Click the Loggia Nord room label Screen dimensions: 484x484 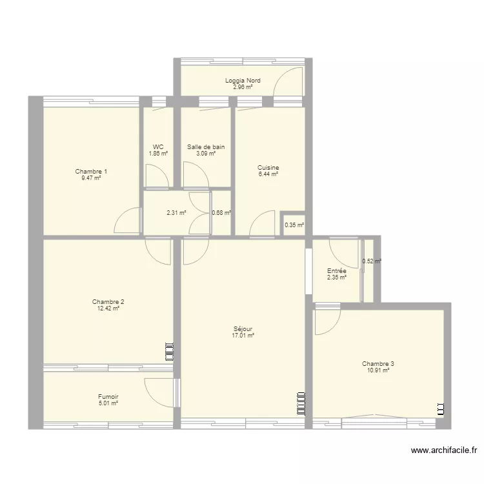point(243,81)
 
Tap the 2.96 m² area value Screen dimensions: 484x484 point(243,86)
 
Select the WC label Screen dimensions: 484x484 point(158,147)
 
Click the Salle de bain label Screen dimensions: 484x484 point(206,147)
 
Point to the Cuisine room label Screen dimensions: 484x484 point(268,168)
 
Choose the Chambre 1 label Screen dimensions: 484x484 point(91,172)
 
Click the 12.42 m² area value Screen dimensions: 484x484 point(108,308)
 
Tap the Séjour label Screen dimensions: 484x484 point(243,329)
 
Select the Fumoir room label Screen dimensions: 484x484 point(108,397)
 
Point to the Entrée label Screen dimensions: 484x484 point(336,271)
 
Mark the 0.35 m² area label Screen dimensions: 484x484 point(294,225)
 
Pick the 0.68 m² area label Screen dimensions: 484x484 point(221,212)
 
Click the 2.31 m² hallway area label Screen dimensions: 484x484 point(176,212)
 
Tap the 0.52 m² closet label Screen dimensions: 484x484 point(371,261)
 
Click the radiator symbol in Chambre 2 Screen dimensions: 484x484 point(170,352)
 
